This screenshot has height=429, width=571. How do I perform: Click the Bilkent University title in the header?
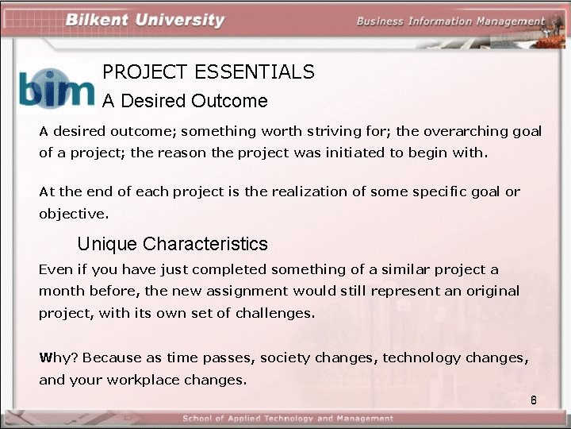145,21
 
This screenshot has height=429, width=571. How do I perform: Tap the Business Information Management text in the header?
450,21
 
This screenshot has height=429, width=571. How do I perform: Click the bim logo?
57,88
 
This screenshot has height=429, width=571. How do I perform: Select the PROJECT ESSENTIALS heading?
209,72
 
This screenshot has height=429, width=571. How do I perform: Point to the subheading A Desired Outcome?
185,101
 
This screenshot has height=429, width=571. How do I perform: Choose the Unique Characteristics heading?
172,244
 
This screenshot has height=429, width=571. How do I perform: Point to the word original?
492,291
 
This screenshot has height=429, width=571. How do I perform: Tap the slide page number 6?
534,400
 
